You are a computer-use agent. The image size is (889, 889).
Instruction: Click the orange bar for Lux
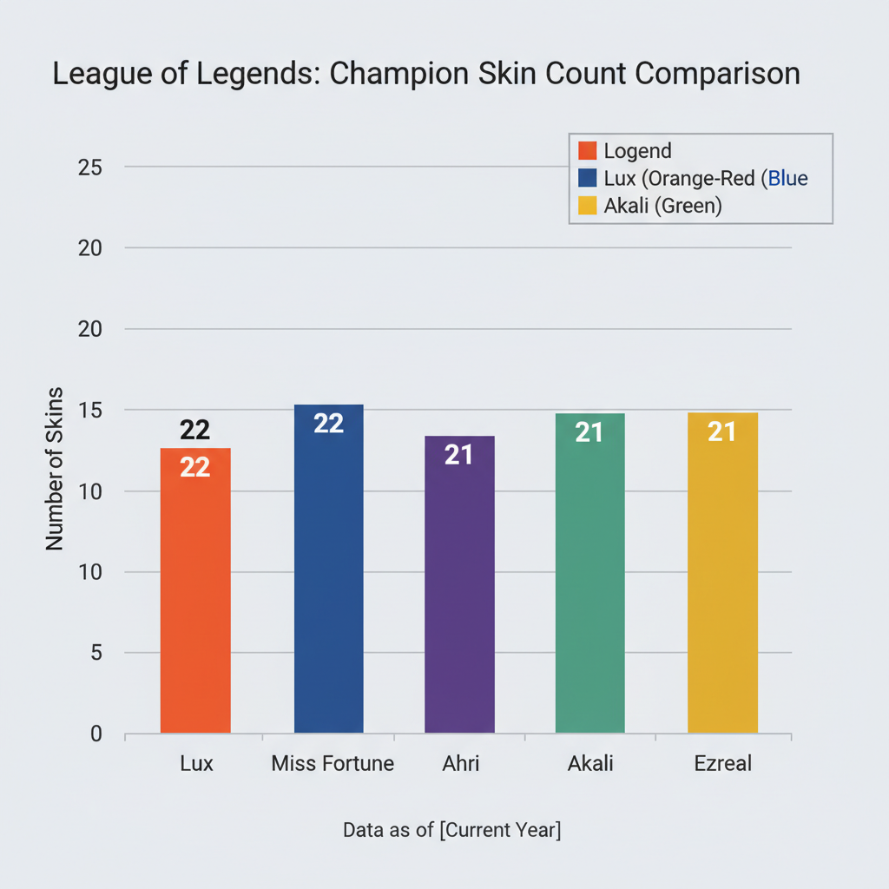[x=195, y=599]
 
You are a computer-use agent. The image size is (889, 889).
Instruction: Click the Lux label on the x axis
[x=196, y=764]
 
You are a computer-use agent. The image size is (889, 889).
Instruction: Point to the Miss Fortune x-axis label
[x=333, y=764]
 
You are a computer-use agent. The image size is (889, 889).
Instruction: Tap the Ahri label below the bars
[x=459, y=764]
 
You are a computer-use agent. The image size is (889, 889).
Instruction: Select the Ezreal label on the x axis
[x=722, y=764]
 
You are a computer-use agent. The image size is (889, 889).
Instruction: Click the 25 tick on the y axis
[x=90, y=167]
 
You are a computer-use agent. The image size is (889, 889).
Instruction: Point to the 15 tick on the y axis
[x=90, y=410]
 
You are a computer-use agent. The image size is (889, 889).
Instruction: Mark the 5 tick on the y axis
[x=95, y=653]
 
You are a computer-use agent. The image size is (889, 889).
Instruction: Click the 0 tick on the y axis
[x=95, y=734]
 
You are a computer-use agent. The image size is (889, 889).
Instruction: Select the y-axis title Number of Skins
[x=56, y=469]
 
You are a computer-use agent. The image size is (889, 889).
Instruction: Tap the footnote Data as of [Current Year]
[x=452, y=830]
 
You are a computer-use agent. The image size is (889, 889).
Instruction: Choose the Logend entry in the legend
[x=637, y=151]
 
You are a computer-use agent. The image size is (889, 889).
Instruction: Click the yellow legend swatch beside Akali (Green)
[x=588, y=207]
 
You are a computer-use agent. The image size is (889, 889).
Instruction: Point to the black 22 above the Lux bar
[x=195, y=431]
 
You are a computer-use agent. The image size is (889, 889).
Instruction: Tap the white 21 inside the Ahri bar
[x=458, y=455]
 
